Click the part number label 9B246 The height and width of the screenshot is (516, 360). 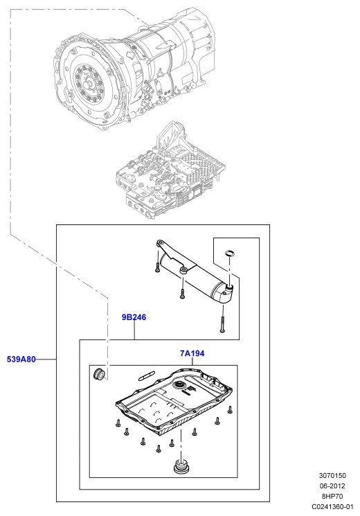[x=134, y=317]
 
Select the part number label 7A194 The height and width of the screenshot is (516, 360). [x=192, y=353]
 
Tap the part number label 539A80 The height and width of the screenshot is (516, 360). [x=21, y=359]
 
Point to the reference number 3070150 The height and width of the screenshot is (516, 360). [x=332, y=476]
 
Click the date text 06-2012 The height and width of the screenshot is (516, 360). [x=332, y=486]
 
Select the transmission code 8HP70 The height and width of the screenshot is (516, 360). [x=332, y=496]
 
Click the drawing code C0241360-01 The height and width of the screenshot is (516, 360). [x=332, y=507]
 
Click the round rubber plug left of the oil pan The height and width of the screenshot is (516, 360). [x=98, y=375]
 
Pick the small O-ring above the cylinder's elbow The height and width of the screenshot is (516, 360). [x=230, y=252]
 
